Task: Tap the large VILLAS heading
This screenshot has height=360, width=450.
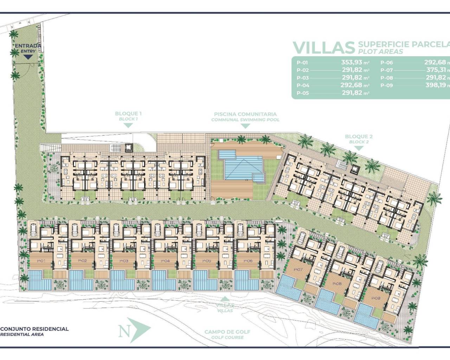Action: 323,47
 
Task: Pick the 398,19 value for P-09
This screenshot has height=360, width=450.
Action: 436,85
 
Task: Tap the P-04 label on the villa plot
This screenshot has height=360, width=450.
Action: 165,261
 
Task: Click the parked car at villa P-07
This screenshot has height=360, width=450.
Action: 301,239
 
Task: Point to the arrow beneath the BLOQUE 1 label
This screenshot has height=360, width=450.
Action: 128,126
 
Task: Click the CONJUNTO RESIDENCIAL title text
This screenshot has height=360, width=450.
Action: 34,329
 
